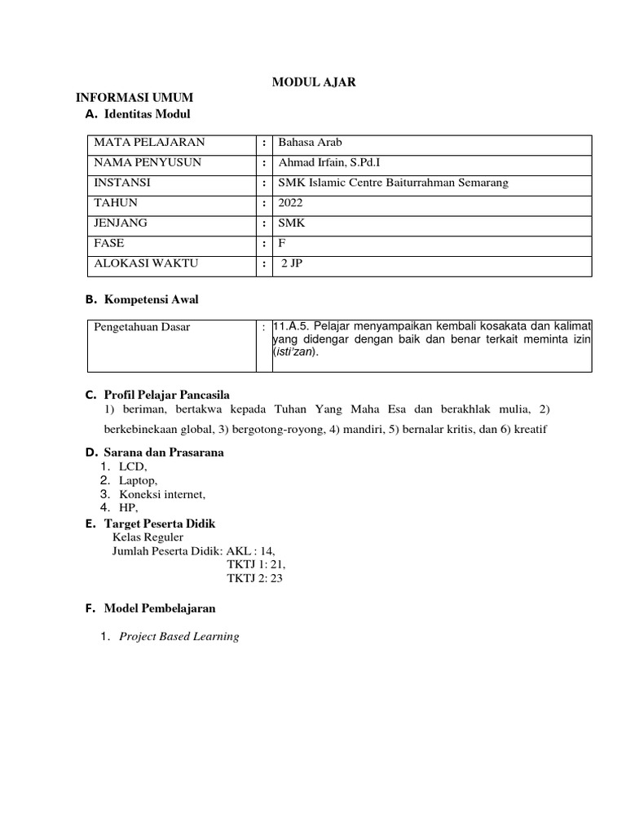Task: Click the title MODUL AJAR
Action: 313,82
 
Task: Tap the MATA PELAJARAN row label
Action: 149,143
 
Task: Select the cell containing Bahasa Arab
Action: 305,143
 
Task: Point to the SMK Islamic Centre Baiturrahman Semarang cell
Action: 393,183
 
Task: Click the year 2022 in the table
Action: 290,203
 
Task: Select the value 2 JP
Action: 292,263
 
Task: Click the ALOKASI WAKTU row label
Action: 146,263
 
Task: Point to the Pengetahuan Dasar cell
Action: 142,327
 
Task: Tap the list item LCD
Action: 133,466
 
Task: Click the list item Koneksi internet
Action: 162,494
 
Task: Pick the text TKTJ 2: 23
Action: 254,578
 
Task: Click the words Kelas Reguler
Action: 148,537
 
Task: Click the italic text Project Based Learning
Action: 179,636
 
